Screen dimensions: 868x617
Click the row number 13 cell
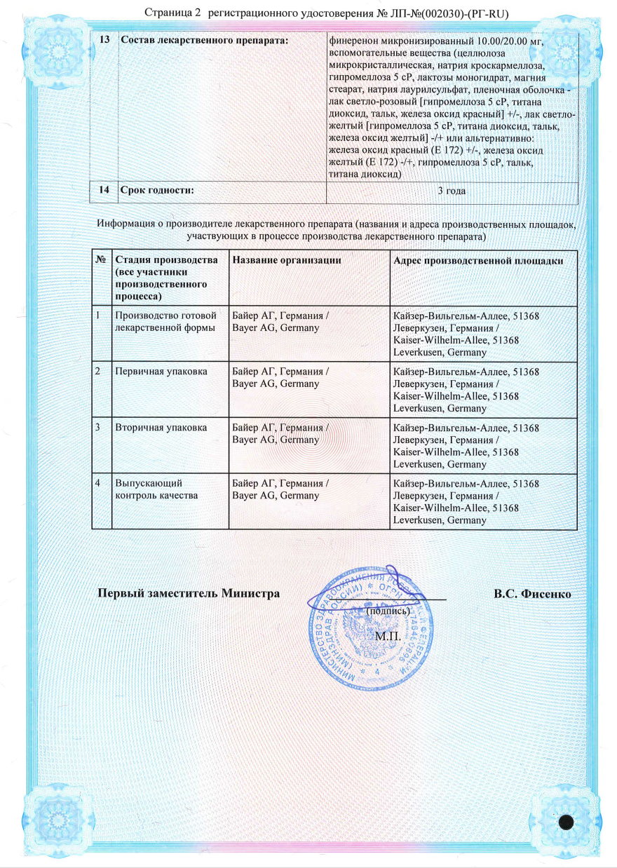104,39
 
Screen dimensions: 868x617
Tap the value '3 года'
452,191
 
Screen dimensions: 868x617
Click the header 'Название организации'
287,260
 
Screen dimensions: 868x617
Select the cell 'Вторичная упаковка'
161,427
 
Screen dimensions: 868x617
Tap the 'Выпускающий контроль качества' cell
156,489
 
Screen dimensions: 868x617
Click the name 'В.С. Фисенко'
531,594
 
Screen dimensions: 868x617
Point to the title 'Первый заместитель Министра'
189,594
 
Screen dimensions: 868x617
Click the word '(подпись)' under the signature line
388,611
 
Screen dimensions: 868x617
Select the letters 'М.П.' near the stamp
387,637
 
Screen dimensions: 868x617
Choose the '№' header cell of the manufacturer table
101,260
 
